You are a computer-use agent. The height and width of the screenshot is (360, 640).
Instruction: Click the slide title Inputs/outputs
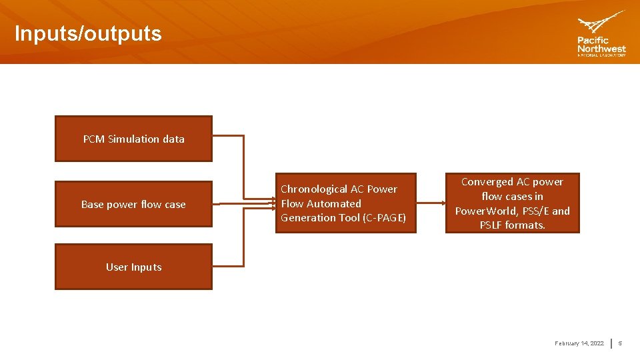(88, 33)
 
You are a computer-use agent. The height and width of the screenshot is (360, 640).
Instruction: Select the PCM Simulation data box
(133, 139)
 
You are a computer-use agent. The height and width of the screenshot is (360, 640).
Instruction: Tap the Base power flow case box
(133, 204)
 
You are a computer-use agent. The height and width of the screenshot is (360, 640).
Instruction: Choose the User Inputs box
(133, 267)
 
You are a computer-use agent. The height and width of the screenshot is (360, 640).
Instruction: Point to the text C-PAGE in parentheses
(384, 218)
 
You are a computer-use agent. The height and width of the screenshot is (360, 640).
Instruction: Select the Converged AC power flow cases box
(512, 203)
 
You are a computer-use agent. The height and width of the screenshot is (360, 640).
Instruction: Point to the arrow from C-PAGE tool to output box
(431, 203)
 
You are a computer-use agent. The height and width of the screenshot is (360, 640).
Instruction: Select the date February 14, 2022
(579, 343)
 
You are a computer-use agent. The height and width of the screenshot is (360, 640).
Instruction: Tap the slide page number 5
(620, 343)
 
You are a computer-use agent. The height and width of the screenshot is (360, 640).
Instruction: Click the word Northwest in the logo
(601, 49)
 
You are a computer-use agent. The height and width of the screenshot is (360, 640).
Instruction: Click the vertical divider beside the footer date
(612, 343)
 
